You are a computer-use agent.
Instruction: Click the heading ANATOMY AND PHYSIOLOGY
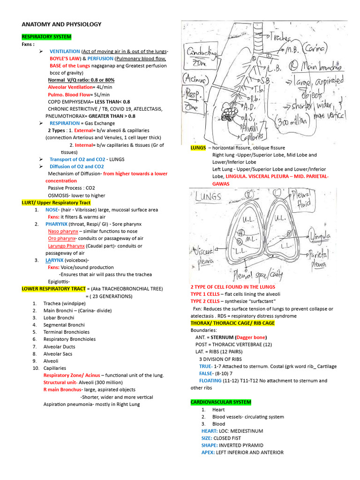coord(61,24)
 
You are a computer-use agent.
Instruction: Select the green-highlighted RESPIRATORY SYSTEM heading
coord(46,36)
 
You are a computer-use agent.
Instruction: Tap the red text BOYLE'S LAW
coord(66,59)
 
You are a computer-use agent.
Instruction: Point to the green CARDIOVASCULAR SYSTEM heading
coord(221,402)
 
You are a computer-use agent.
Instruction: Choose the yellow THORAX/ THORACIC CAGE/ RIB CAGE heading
coord(232,323)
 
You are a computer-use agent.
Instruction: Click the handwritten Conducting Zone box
coord(202,55)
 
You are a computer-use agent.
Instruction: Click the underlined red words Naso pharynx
coord(63,231)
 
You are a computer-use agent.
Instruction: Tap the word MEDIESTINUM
coord(245,431)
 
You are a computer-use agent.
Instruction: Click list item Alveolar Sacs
coord(59,354)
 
